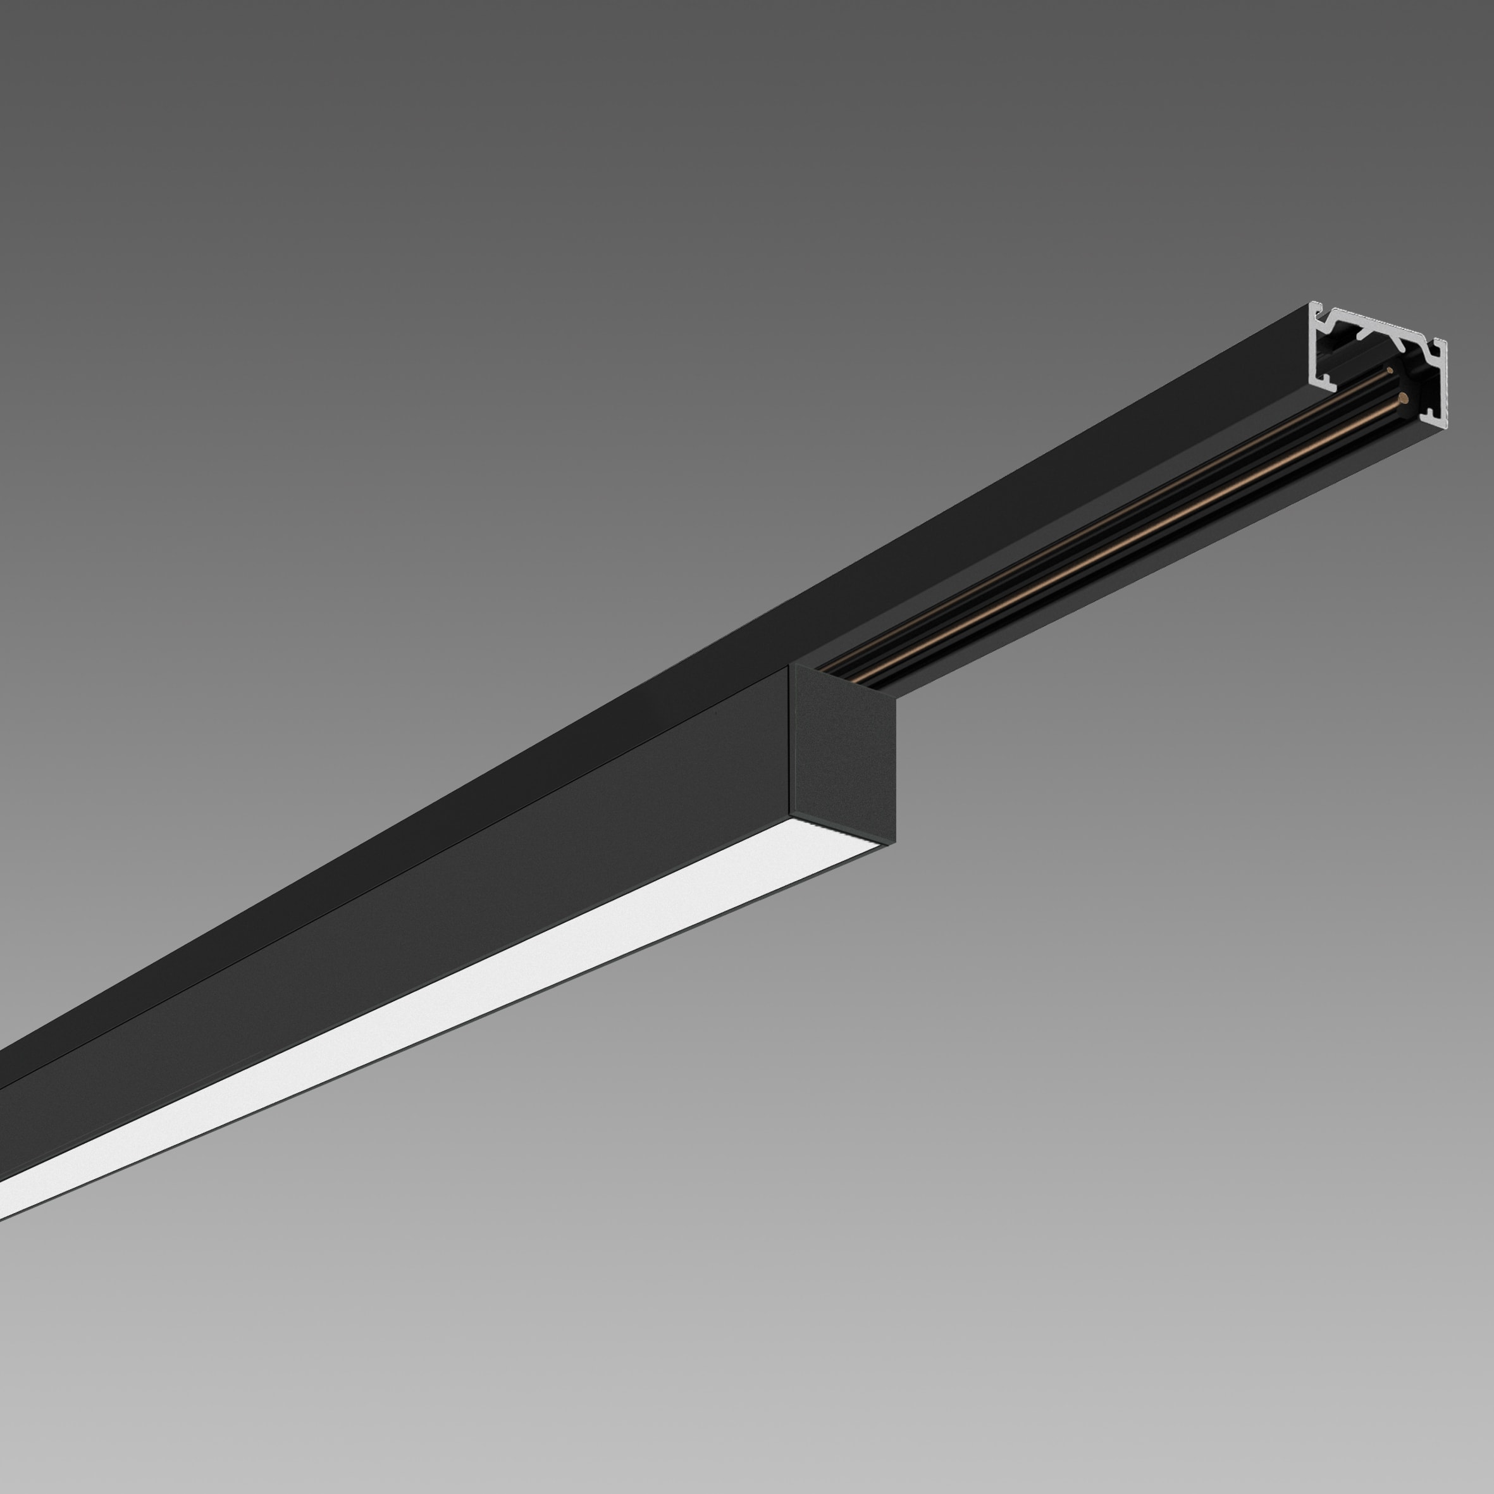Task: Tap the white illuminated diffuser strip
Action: pyautogui.click(x=433, y=997)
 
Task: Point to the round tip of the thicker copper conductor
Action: pyautogui.click(x=1402, y=399)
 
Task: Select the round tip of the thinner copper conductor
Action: pyautogui.click(x=1390, y=371)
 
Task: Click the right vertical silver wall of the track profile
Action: pyautogui.click(x=1443, y=386)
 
